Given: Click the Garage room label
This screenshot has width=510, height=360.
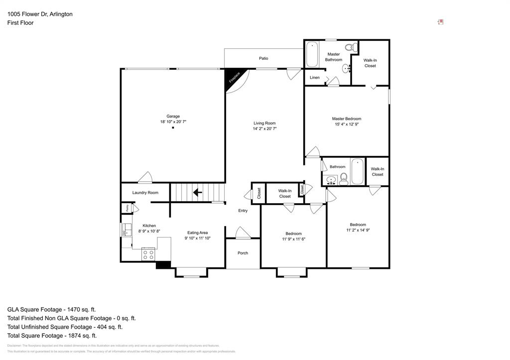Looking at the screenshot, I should point(173,116).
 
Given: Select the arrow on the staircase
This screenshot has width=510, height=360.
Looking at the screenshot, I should point(198,192).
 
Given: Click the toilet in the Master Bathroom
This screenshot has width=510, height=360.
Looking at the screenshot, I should point(350,48).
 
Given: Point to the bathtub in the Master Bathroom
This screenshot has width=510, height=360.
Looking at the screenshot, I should point(312,55).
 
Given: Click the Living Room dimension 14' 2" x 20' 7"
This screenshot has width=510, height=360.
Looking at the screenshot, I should point(264,129).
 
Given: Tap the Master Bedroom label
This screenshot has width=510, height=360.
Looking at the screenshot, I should point(347,119).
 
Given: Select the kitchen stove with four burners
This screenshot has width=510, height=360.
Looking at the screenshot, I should point(148,254).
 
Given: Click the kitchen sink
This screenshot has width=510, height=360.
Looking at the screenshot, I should point(125,230).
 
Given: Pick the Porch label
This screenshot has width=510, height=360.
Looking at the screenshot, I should point(243,253).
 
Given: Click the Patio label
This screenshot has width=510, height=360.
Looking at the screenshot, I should point(263,58).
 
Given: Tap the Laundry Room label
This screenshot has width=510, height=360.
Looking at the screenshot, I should point(145,193).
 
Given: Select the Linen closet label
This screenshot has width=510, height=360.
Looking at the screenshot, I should point(315,78).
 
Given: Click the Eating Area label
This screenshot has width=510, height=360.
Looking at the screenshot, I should point(197,233).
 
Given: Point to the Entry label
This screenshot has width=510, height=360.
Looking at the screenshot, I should point(243,211).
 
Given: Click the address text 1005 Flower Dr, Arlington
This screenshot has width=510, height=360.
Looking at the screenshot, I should point(40,14).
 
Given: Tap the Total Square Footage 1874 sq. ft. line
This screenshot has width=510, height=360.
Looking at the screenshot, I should point(59,336).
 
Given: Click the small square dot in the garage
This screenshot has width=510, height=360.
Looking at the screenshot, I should point(173,128).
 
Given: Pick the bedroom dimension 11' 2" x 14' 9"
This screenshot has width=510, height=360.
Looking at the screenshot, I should point(358,230).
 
